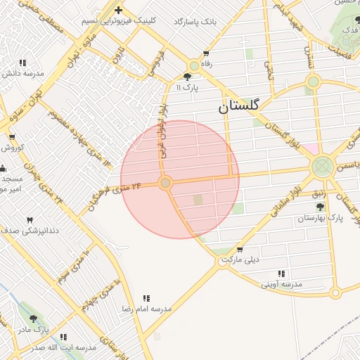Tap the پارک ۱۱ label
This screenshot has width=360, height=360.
click(x=188, y=87)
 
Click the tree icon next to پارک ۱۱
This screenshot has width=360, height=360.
click(x=188, y=77)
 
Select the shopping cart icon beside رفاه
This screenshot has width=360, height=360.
click(x=206, y=53)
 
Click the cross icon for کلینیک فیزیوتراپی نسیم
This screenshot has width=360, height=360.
click(x=118, y=11)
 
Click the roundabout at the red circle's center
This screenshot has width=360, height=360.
click(x=165, y=183)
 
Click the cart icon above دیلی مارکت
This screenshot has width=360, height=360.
click(x=240, y=250)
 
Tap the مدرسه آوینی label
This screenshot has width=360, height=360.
click(x=281, y=284)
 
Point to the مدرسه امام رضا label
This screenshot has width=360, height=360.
click(x=147, y=309)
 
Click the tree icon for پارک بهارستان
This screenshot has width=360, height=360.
click(x=321, y=207)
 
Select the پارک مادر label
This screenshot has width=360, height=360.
click(x=33, y=328)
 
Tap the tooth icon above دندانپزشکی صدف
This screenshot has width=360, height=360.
click(x=30, y=220)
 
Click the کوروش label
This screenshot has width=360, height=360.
click(x=13, y=148)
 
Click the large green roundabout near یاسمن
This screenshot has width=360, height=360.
click(x=322, y=167)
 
